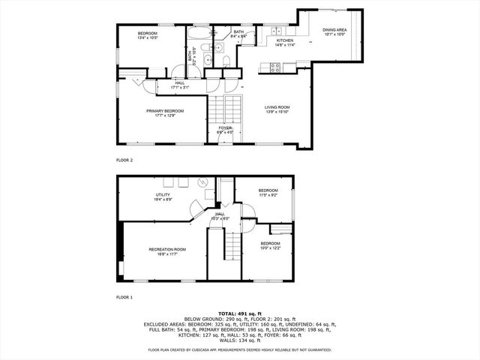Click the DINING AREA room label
pos(334,30)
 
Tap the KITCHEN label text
pos(284,40)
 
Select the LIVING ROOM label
pos(277,107)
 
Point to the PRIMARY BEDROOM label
pos(165,111)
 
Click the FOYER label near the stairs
pos(225,128)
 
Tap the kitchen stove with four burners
pos(275,67)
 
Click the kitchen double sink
pos(276,31)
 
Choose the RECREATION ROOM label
pos(167,249)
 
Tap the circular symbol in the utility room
pos(202,182)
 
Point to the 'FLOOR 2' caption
pos(124,160)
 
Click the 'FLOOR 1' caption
pos(124,298)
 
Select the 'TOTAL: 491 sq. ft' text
pos(239,313)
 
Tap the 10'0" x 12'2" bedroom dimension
pos(271,248)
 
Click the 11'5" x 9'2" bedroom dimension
pos(268,195)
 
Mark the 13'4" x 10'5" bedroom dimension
pos(147,37)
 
